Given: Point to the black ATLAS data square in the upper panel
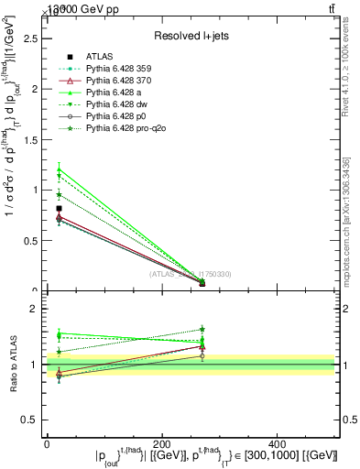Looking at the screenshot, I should coord(59,209).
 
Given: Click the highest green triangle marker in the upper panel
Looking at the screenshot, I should coord(59,170).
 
